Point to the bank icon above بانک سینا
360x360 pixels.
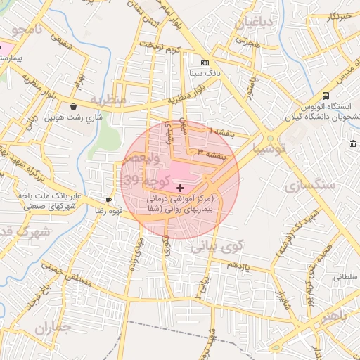[x=205, y=63]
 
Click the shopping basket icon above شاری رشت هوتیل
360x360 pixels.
[x=72, y=107]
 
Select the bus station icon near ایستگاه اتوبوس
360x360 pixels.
[x=326, y=96]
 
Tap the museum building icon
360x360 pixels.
[x=352, y=144]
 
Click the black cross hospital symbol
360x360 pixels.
[x=181, y=188]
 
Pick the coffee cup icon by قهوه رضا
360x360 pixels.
[x=108, y=200]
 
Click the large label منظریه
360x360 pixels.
[x=109, y=100]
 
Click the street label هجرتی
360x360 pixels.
[x=247, y=44]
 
